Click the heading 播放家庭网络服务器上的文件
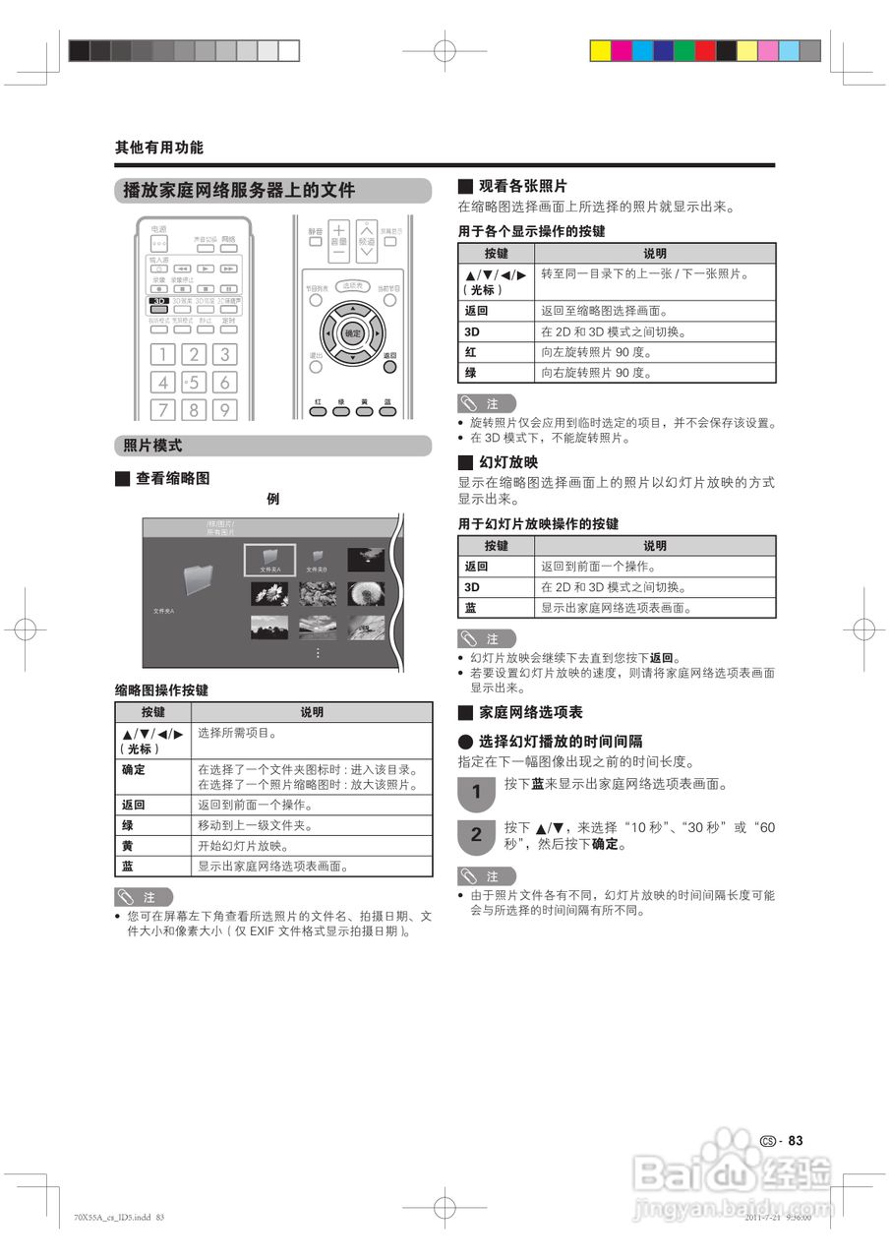pos(238,191)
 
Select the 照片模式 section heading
pos(152,446)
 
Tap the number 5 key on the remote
pos(194,382)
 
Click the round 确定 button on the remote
pos(353,334)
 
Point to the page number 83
pos(796,1141)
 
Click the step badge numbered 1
pos(476,791)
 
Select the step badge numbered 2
pos(476,835)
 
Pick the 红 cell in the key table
pos(471,352)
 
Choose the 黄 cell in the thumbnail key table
pos(128,846)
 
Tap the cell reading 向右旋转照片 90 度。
pos(596,373)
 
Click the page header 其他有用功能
pos(159,148)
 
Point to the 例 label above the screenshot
pos(272,500)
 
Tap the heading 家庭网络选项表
pos(530,712)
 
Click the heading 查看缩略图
pos(172,479)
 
